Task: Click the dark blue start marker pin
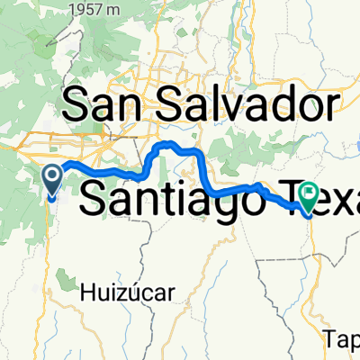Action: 52,179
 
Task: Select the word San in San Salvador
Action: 101,105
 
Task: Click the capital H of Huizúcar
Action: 86,291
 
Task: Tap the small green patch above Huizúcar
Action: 67,266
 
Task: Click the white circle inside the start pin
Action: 52,174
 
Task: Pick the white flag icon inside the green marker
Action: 310,191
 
